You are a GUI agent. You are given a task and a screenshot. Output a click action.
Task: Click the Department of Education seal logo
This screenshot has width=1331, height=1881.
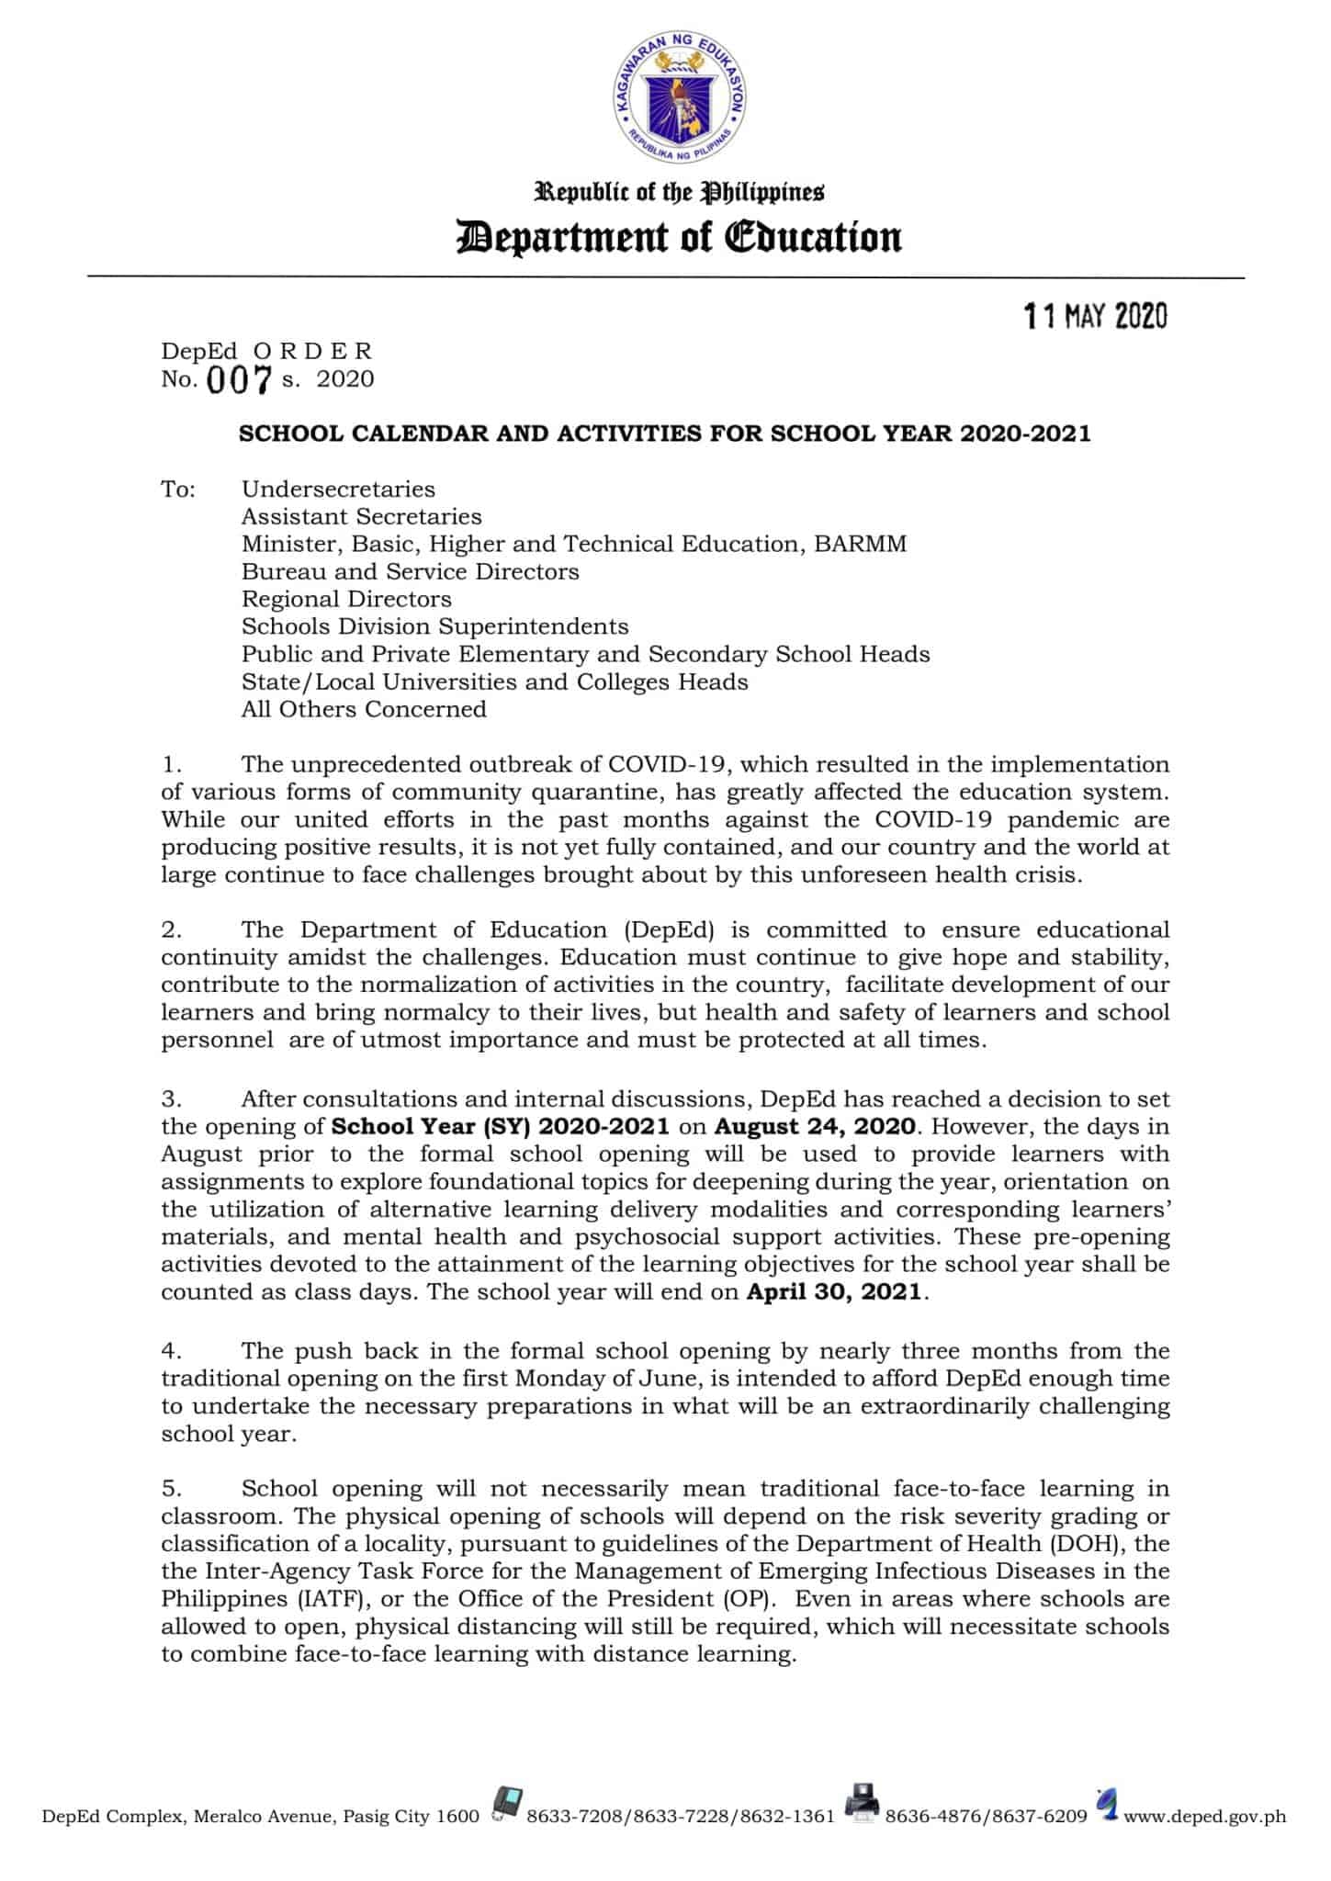point(680,105)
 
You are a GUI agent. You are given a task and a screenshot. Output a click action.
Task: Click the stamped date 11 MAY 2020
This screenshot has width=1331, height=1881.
point(1095,318)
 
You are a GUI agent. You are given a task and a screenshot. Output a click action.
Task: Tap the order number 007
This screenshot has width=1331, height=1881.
point(239,380)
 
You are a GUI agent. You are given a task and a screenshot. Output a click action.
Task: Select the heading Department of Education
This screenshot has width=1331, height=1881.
point(680,237)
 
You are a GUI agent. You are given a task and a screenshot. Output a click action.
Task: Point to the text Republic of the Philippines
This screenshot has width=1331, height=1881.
point(680,193)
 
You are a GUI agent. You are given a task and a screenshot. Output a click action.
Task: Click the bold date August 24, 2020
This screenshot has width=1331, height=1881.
point(815,1127)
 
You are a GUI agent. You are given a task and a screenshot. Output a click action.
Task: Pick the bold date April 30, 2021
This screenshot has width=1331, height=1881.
point(833,1292)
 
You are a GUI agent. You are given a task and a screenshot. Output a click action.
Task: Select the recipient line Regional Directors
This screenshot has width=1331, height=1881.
point(346,600)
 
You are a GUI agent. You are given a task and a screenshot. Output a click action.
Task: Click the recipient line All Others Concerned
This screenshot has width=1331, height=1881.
point(364,710)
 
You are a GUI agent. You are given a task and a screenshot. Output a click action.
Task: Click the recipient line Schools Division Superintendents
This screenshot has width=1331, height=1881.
point(434,627)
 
